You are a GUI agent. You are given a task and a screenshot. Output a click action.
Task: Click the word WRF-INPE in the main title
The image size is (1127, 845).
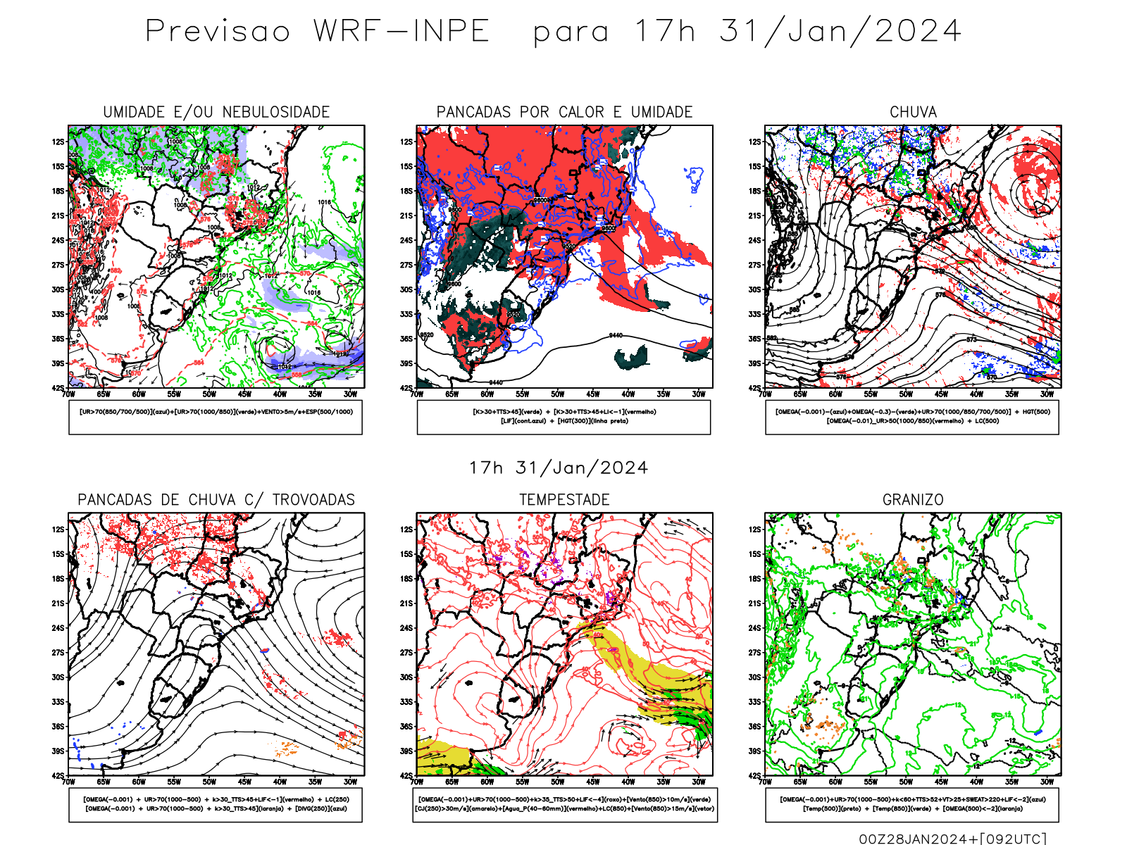point(401,32)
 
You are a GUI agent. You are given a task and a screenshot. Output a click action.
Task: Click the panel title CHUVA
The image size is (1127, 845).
point(913,112)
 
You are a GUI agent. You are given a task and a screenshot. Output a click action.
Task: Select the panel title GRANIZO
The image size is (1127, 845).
point(913,500)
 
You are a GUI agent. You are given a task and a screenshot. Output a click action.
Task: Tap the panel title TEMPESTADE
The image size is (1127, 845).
point(564,500)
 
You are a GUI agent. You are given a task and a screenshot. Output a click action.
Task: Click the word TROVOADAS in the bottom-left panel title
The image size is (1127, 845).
point(313,500)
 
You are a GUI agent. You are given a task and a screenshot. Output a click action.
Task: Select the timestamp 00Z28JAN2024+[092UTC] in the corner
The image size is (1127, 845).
point(952,839)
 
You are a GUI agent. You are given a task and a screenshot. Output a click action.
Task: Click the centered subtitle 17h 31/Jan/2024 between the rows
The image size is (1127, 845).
point(559,468)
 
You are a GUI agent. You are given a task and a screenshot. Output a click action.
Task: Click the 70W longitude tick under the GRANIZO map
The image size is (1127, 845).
point(766,782)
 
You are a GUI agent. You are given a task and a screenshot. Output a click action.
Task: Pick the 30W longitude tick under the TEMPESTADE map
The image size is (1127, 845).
point(698,782)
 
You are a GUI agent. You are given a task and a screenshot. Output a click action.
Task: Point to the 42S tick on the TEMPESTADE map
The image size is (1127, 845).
point(406,776)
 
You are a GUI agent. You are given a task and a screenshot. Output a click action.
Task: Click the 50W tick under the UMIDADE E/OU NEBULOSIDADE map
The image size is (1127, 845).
point(209,394)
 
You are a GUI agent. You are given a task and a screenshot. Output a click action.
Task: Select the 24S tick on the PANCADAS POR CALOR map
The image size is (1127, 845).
point(406,241)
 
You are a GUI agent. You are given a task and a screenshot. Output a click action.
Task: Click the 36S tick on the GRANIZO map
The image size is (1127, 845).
point(755,727)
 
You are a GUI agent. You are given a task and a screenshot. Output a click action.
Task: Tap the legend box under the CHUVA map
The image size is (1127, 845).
point(912,417)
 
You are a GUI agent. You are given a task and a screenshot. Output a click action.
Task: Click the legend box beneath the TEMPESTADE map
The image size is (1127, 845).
point(564,804)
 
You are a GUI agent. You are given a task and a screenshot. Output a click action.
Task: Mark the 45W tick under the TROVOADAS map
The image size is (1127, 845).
point(244,782)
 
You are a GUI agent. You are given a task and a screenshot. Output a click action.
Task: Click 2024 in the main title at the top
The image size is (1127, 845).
point(918,32)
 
